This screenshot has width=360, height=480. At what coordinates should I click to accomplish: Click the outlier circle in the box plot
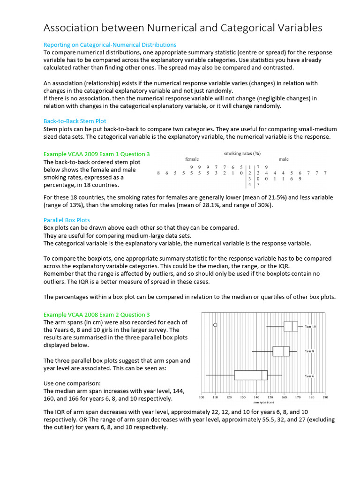click(215, 325)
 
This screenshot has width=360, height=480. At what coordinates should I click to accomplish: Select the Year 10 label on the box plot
click(310, 326)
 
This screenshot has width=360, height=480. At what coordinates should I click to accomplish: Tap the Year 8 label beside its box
click(309, 351)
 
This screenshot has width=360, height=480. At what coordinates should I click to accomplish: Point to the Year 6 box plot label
click(309, 376)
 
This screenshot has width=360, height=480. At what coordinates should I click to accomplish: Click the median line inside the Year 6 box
click(262, 375)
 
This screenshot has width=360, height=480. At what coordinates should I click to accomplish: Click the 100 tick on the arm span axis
click(202, 397)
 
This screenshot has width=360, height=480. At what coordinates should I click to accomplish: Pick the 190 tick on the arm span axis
click(325, 397)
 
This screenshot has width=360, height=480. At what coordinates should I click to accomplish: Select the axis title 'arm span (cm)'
click(263, 402)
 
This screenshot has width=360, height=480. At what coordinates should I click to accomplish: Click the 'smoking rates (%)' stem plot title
click(242, 153)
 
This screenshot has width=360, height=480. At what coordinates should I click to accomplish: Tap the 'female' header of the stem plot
click(192, 159)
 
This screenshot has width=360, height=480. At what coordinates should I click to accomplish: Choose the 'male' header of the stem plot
click(284, 159)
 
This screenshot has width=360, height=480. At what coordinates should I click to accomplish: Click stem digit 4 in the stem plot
click(249, 185)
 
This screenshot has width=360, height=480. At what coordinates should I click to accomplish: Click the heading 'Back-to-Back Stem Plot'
click(75, 120)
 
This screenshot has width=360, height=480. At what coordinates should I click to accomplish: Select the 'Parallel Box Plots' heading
click(67, 220)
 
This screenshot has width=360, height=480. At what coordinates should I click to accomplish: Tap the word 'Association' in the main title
click(73, 28)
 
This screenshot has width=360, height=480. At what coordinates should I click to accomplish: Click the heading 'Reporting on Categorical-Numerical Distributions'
click(110, 45)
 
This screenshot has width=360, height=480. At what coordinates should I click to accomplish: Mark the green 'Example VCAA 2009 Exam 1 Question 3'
click(97, 154)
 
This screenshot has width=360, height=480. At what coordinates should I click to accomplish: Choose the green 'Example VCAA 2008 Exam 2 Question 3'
click(97, 315)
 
